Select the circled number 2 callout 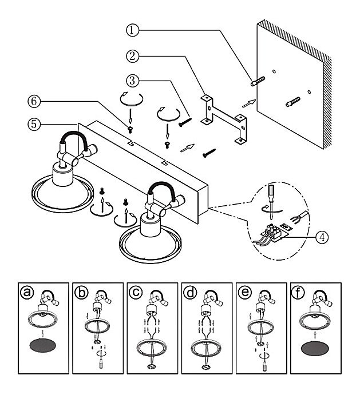click(x=133, y=56)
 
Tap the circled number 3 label click(x=133, y=79)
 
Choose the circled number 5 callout click(x=35, y=122)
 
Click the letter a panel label click(x=25, y=292)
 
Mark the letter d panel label click(x=190, y=292)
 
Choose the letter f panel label click(x=299, y=292)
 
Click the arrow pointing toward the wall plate click(x=248, y=102)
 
